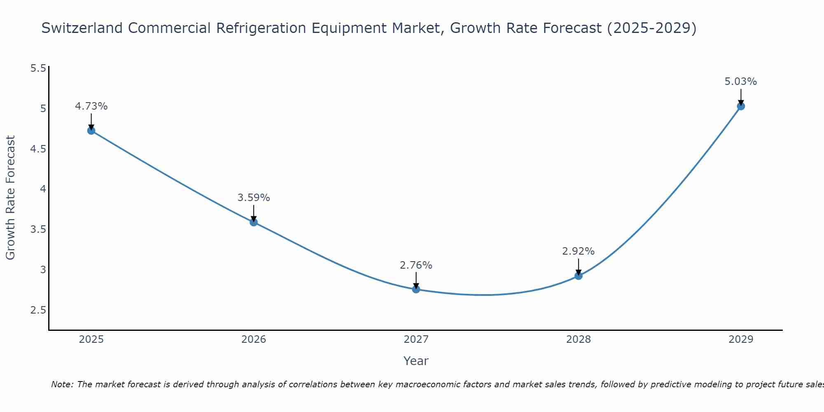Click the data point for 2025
(x=91, y=131)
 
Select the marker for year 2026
(x=254, y=222)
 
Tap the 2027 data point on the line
(x=416, y=289)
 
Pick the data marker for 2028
(x=578, y=276)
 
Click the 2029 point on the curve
(x=741, y=106)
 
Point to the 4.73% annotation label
(x=91, y=106)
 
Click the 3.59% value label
(x=254, y=198)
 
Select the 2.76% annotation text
(x=416, y=265)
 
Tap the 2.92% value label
(x=578, y=251)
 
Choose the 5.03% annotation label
(x=741, y=82)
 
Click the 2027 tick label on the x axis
(x=416, y=339)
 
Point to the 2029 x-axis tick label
(x=741, y=339)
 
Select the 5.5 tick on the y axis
(x=38, y=68)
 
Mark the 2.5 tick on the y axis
(x=38, y=310)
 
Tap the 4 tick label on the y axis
(x=42, y=189)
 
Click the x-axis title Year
(x=416, y=361)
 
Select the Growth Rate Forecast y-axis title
(x=11, y=198)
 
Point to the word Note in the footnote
(x=62, y=384)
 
